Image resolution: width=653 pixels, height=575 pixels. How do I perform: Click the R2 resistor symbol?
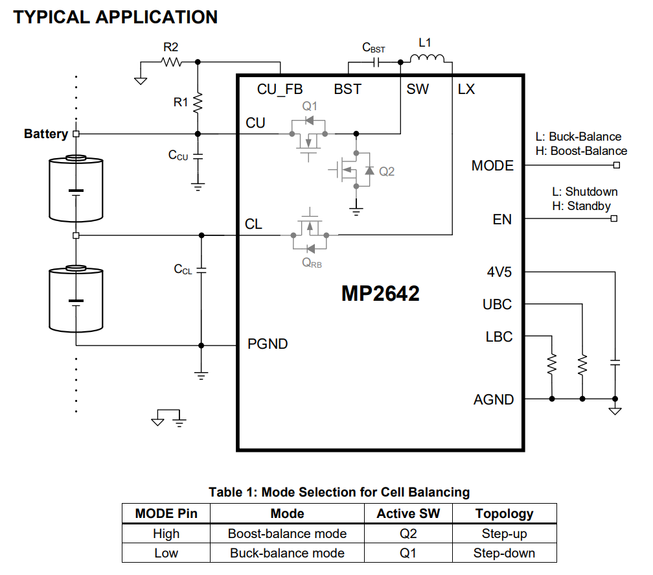[172, 62]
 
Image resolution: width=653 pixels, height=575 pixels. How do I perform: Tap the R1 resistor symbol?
[198, 102]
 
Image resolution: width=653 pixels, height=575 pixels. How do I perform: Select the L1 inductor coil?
[427, 60]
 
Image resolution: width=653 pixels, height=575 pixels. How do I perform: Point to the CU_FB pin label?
[280, 89]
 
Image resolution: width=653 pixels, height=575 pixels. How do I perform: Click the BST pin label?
[347, 89]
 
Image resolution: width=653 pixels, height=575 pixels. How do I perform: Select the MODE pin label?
[492, 166]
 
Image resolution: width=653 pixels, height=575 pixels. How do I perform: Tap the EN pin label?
[502, 220]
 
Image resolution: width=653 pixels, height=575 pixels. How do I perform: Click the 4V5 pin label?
[499, 272]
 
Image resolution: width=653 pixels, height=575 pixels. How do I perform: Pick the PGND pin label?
[268, 344]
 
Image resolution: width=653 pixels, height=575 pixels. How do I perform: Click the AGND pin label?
[494, 400]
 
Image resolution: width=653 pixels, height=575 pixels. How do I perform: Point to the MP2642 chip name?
[380, 294]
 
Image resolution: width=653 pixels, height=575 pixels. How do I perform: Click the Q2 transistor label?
[387, 172]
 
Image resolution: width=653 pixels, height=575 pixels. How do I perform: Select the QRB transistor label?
[310, 263]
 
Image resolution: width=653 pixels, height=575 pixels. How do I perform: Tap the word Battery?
[46, 134]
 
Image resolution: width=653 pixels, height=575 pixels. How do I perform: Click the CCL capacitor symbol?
[201, 270]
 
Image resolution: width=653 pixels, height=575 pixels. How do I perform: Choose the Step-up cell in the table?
[504, 534]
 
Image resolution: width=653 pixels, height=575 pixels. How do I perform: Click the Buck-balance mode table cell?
[287, 554]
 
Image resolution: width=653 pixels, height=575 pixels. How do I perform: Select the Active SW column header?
[408, 514]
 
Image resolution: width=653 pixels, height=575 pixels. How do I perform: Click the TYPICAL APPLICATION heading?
[115, 17]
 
